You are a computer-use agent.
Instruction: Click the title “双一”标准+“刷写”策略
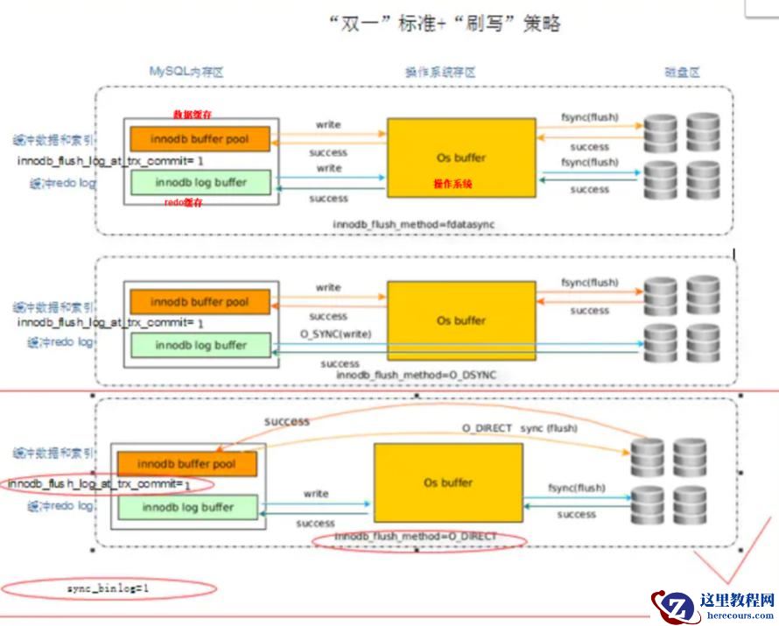444,24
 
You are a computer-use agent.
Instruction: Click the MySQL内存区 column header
186,72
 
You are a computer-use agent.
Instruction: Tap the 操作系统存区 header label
439,73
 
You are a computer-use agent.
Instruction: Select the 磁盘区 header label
683,73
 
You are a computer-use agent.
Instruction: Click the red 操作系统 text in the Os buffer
453,183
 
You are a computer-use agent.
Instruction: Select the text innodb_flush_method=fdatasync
413,225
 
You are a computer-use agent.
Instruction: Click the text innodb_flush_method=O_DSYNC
416,375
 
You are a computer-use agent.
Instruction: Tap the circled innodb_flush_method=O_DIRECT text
416,536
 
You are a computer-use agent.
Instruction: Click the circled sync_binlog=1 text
108,588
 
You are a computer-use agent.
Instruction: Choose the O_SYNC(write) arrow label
329,333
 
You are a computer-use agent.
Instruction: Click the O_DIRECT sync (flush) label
519,428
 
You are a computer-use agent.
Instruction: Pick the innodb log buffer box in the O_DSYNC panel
200,345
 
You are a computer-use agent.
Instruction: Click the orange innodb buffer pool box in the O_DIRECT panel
186,463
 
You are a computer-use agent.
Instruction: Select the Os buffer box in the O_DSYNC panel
461,320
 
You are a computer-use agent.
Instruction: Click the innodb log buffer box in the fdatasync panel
200,183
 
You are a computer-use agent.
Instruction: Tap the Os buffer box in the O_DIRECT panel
448,482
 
